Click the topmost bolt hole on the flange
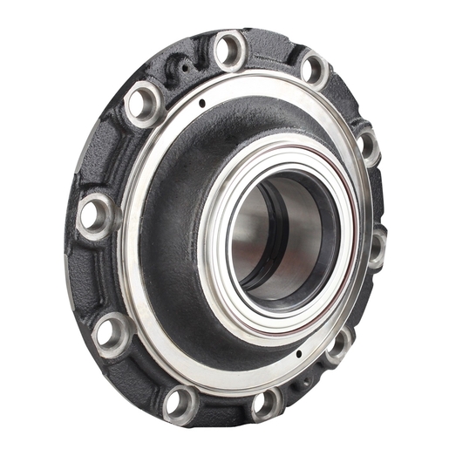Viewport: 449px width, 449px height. [x=230, y=50]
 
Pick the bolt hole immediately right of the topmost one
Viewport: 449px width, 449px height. [x=312, y=68]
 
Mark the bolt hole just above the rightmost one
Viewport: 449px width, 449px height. [x=367, y=146]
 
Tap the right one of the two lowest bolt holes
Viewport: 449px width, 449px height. [x=265, y=403]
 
